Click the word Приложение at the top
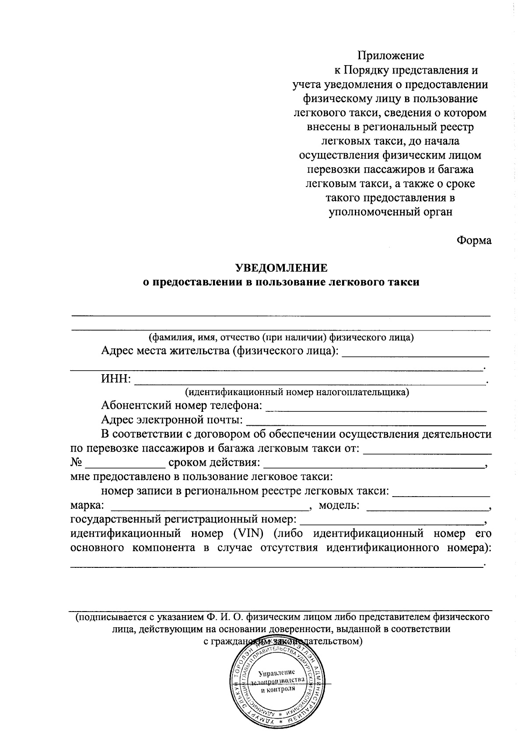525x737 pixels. tap(390, 56)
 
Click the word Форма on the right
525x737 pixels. tap(474, 240)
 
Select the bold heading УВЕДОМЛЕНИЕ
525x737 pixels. tap(281, 268)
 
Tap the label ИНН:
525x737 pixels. tap(116, 379)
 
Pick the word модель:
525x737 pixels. tap(339, 505)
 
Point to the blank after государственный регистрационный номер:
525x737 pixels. tap(392, 523)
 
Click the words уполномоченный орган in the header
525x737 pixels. tap(390, 212)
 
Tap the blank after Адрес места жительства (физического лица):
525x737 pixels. tap(415, 356)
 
